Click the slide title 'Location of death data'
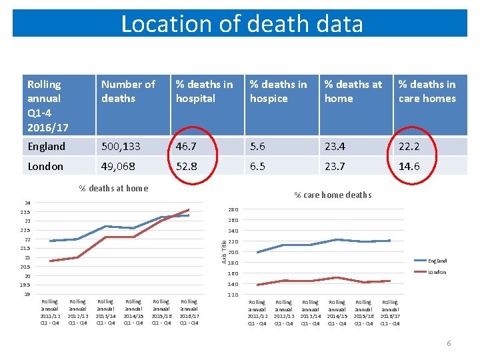(x=242, y=24)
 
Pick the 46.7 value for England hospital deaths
(x=187, y=147)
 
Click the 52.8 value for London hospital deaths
(x=187, y=167)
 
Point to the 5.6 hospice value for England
(x=258, y=147)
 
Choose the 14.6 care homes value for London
(x=409, y=167)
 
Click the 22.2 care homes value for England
(x=409, y=147)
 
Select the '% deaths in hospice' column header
(x=278, y=91)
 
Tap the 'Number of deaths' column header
(x=128, y=91)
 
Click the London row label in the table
(x=45, y=167)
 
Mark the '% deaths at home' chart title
(x=113, y=188)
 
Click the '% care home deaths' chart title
(x=333, y=195)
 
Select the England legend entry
(x=437, y=261)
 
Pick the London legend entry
(x=437, y=272)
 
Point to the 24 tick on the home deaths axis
(x=27, y=203)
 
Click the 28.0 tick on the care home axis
(x=233, y=209)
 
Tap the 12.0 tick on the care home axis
(x=233, y=295)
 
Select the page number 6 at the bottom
(x=449, y=343)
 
